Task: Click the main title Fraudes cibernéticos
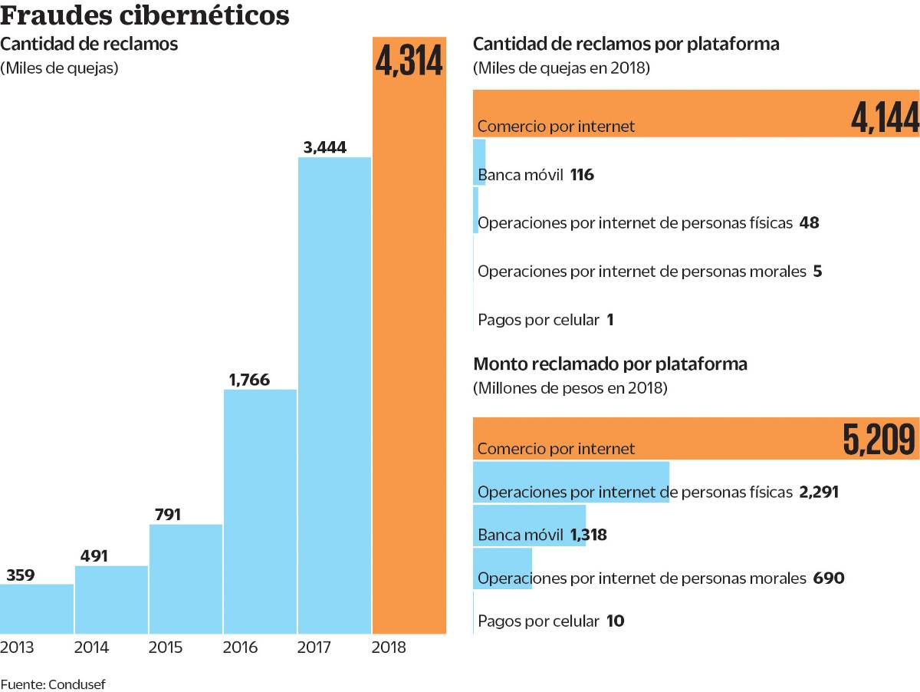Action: (145, 15)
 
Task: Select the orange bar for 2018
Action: (409, 345)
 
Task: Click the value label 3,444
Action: (325, 147)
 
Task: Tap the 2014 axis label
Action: (91, 648)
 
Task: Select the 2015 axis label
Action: (166, 648)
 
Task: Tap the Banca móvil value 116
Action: (582, 175)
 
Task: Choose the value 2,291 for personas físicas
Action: (818, 492)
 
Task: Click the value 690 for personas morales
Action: (828, 578)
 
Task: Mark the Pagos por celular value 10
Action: (615, 621)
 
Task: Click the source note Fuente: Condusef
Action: (51, 684)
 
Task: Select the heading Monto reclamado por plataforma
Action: (610, 364)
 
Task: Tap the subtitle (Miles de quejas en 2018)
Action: (561, 68)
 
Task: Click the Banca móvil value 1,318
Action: (588, 535)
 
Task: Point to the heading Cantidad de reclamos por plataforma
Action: (626, 44)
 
